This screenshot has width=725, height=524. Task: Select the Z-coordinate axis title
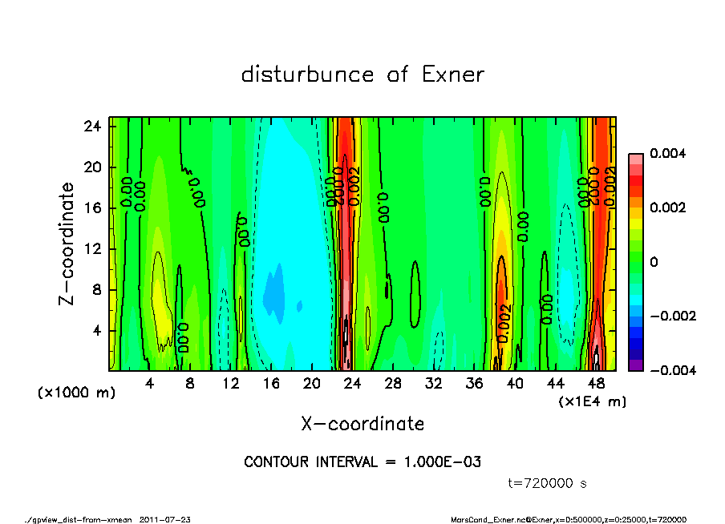click(x=67, y=244)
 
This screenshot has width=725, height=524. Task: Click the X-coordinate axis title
click(x=362, y=423)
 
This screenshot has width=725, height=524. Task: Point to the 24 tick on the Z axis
click(x=93, y=126)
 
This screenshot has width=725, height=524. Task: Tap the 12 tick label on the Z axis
click(x=93, y=248)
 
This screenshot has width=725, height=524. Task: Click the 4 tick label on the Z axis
click(x=97, y=330)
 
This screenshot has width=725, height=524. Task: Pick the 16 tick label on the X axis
click(x=271, y=383)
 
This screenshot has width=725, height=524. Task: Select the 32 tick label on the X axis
click(x=433, y=383)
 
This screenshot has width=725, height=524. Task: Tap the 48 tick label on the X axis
click(x=595, y=383)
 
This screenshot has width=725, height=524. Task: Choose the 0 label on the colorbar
click(x=654, y=262)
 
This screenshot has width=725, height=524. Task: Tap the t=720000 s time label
click(x=548, y=483)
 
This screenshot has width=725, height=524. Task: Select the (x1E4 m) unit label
click(x=593, y=401)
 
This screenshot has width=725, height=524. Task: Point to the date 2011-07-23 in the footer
click(x=165, y=519)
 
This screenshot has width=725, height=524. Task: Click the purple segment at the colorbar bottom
click(x=635, y=365)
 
